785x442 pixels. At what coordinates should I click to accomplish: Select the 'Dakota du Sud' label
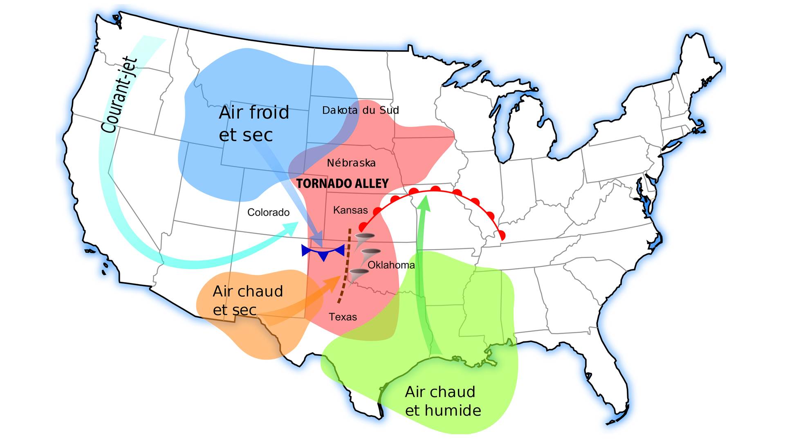point(360,110)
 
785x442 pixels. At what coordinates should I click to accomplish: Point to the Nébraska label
point(351,163)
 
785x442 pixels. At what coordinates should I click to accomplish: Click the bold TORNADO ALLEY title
point(342,184)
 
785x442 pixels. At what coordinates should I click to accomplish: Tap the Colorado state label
point(268,212)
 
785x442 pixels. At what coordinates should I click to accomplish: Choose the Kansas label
point(350,210)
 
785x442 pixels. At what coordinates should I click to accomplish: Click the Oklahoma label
point(391,265)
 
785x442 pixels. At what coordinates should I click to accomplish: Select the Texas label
point(343,317)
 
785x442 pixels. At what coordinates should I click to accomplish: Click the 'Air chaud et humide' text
point(442,401)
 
